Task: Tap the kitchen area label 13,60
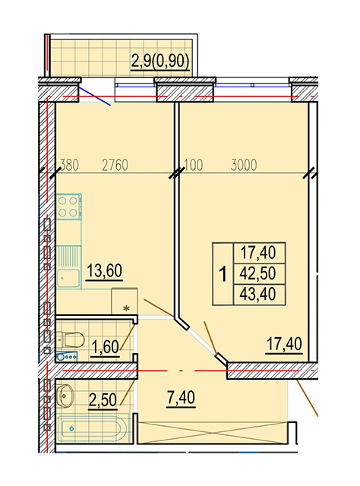[x=105, y=271]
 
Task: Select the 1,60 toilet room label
[x=105, y=347]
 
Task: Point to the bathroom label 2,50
[x=103, y=399]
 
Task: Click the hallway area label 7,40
[x=181, y=398]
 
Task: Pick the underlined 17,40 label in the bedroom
[x=284, y=344]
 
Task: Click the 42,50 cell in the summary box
[x=258, y=273]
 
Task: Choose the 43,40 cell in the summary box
[x=258, y=294]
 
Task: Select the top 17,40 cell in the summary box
[x=258, y=253]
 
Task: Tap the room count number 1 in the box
[x=223, y=274]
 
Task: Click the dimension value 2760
[x=115, y=166]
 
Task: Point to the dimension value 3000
[x=244, y=166]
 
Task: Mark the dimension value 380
[x=69, y=166]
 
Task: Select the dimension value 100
[x=194, y=166]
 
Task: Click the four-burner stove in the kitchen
[x=69, y=207]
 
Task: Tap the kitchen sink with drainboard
[x=68, y=267]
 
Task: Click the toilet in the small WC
[x=71, y=339]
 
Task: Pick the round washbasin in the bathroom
[x=65, y=395]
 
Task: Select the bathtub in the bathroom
[x=93, y=429]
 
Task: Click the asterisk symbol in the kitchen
[x=126, y=308]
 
